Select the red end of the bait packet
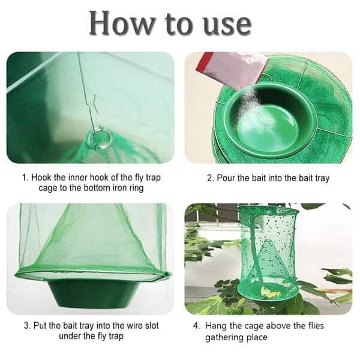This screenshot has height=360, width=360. pos(203,61)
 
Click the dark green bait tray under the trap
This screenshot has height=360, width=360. pos(92,294)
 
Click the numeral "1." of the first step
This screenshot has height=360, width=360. pos(25,178)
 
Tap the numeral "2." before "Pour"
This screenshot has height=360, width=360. pos(211,178)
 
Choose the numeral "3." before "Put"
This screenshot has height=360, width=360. pos(28,326)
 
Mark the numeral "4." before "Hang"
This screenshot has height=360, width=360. pos(197,326)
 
